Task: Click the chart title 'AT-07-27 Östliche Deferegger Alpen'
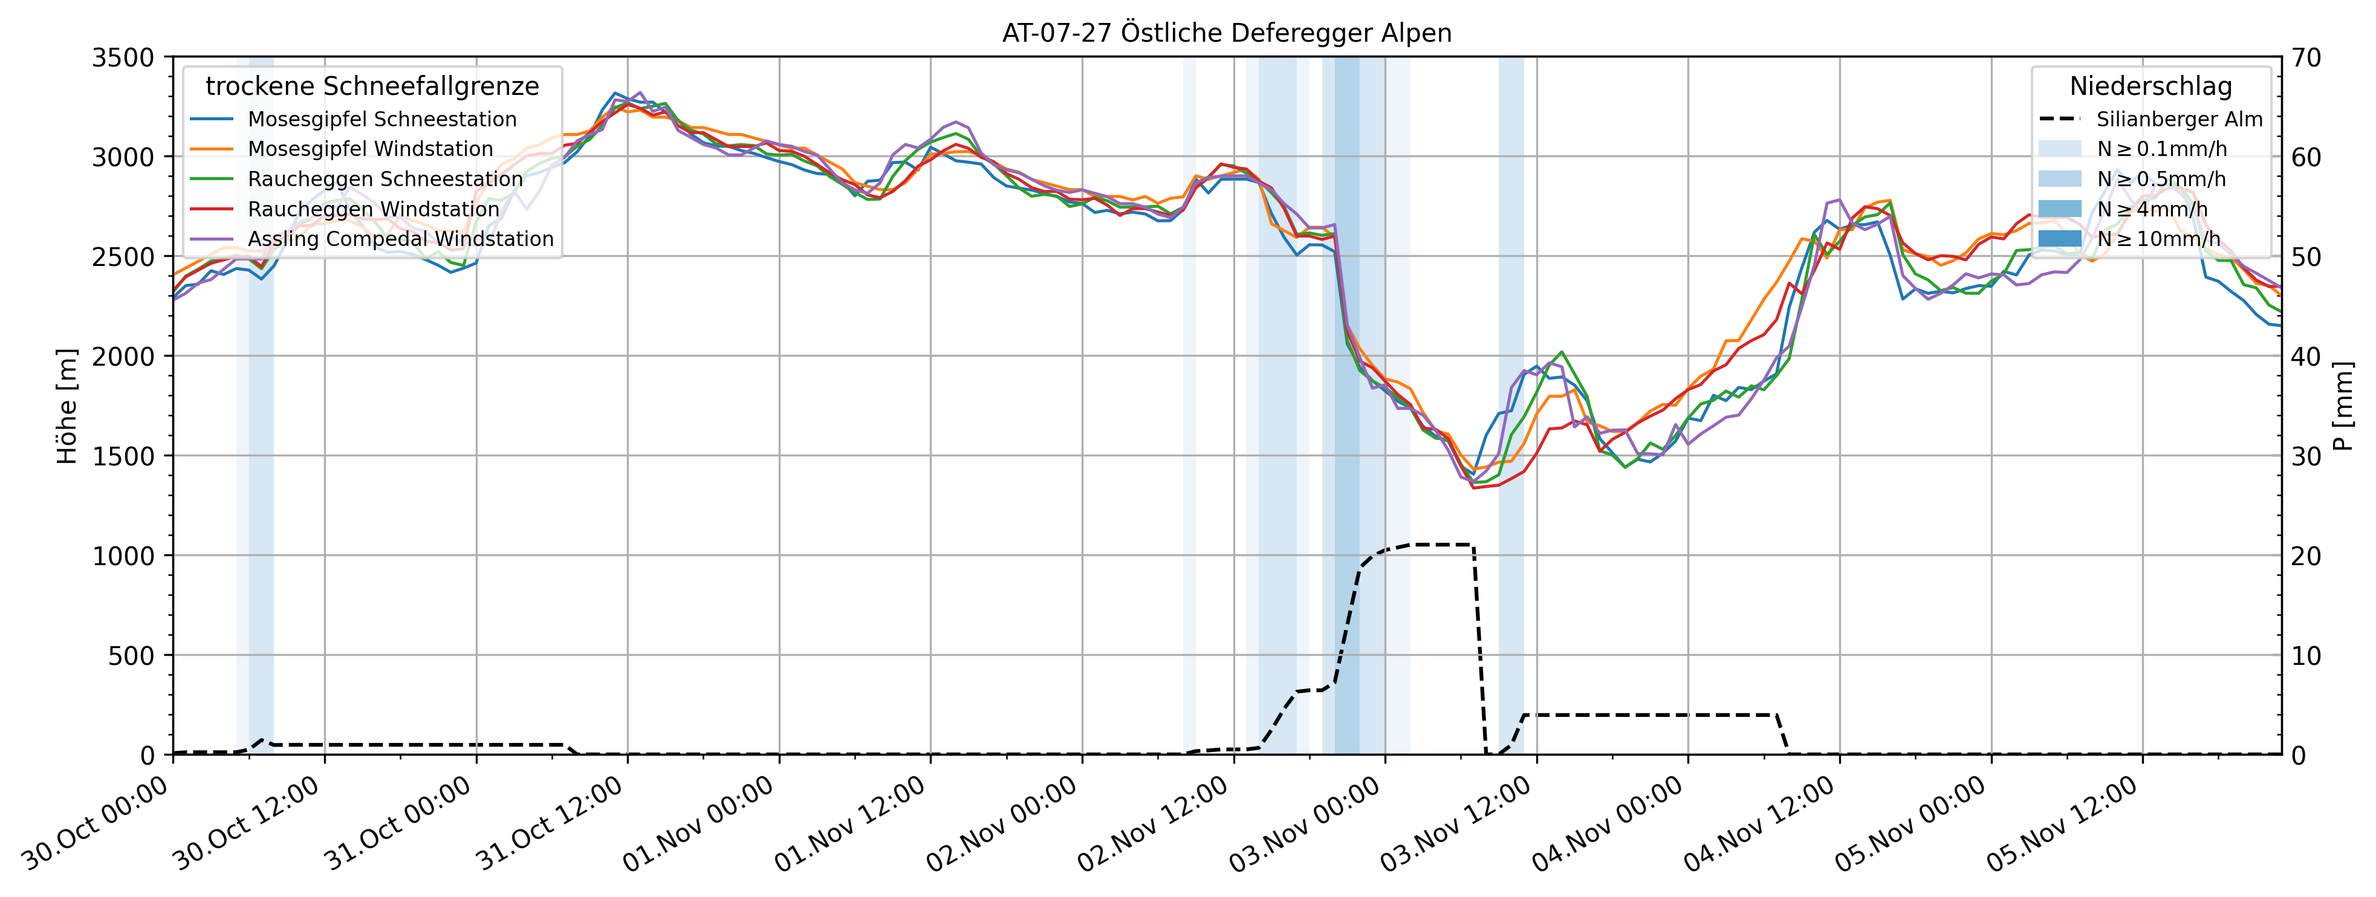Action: tap(1227, 33)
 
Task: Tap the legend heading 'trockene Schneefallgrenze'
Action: tap(372, 86)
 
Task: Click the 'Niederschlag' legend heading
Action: tap(2150, 86)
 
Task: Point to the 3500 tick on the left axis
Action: tap(123, 58)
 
